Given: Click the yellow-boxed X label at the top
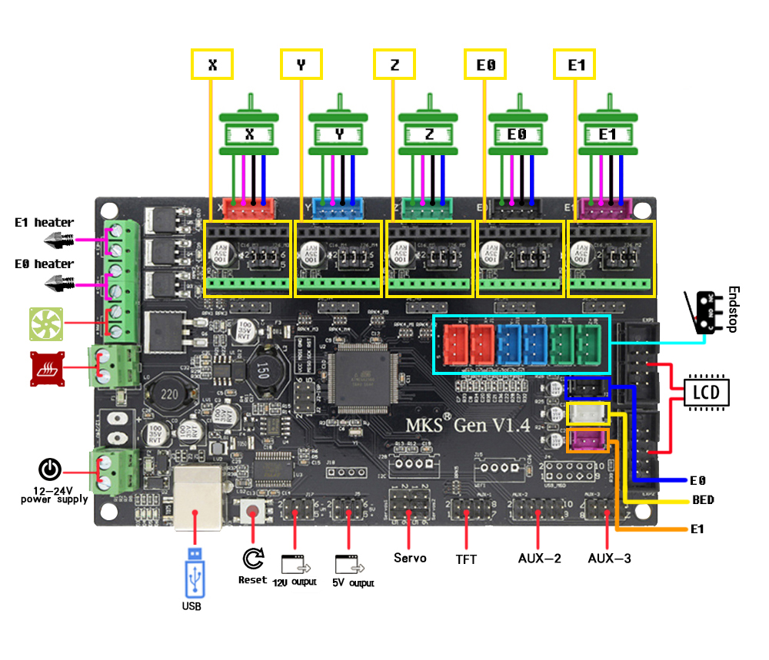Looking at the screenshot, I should [212, 65].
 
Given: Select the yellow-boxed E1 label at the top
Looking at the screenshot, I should [575, 65].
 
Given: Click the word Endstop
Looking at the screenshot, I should [731, 309].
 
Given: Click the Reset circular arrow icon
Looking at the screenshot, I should [252, 558].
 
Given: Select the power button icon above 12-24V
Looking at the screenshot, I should [49, 469].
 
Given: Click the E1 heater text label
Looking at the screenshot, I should [45, 223].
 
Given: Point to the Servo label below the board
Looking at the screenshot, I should [410, 558].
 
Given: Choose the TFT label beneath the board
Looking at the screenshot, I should [466, 559].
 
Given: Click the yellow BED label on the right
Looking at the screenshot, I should [703, 500].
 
